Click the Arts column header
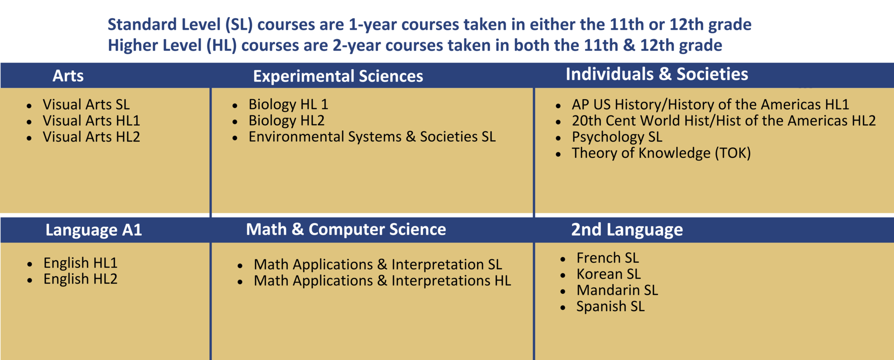68,75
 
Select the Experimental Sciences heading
338,76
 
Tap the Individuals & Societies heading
657,74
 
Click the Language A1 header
94,230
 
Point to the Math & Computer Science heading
345,229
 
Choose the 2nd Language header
627,230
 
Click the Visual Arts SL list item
86,104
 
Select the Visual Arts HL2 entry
91,137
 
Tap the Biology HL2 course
286,121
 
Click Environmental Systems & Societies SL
372,137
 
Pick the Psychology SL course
616,137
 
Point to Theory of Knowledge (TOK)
661,153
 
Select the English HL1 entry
80,263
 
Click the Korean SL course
608,274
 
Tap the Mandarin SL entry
617,291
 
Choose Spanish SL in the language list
610,306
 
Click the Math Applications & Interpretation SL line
378,265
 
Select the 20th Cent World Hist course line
723,121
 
